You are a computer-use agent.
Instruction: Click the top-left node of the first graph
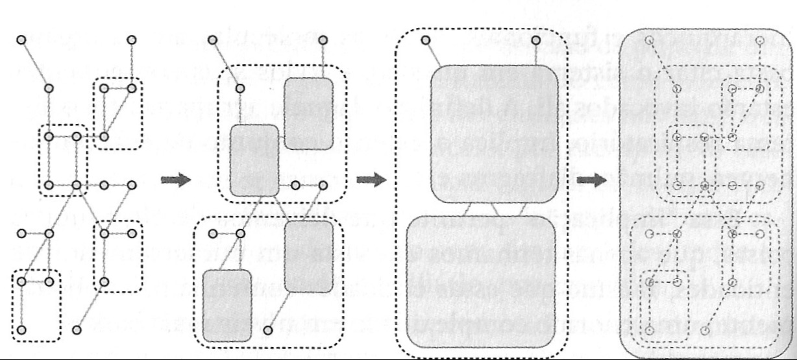click(x=21, y=39)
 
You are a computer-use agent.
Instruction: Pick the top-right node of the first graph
click(x=132, y=39)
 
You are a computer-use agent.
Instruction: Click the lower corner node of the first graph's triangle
click(x=104, y=137)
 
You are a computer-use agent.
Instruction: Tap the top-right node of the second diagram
click(x=323, y=40)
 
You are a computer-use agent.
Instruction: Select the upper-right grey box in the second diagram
click(x=308, y=113)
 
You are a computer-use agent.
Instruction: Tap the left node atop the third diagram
click(x=426, y=41)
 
